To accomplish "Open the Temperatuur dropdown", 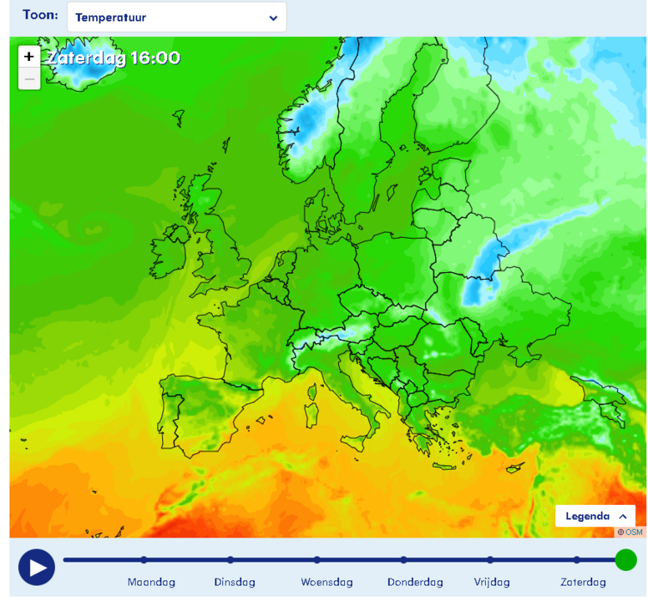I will tap(176, 18).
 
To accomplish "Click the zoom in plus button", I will tap(29, 57).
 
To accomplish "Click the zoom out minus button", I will tap(29, 79).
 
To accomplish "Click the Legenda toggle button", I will tap(595, 516).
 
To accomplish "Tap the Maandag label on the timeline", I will tap(151, 582).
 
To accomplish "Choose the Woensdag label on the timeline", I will tap(327, 582).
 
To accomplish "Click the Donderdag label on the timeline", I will tap(415, 582).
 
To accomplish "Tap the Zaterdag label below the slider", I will tap(583, 582).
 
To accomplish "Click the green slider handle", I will tap(625, 559).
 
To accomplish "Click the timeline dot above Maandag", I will tap(144, 560).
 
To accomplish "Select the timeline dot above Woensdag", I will tap(317, 560).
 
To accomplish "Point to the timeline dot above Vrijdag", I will tap(490, 560).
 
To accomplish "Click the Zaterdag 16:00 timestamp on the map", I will tap(113, 58).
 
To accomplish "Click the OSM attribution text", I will tap(630, 532).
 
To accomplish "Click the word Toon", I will tap(40, 15).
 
